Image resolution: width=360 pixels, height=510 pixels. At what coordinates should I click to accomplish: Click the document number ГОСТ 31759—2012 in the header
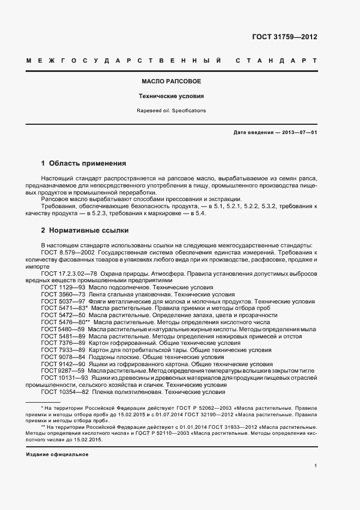pos(285,37)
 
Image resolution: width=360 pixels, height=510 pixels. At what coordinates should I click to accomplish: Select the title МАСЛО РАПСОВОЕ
pos(172,81)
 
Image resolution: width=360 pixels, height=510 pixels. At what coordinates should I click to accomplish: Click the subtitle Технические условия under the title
pos(172,96)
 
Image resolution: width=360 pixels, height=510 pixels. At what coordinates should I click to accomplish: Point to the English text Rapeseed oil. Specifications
pos(172,111)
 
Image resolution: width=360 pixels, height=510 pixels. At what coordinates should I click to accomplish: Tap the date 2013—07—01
pos(298,132)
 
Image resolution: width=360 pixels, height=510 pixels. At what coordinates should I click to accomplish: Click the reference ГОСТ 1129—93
pos(59,287)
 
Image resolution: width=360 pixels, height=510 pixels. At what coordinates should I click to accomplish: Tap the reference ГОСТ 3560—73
pos(59,294)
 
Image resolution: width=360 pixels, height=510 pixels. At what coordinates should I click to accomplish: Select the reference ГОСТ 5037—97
pos(59,301)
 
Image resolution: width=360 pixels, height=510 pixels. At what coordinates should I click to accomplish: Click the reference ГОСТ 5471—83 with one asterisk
pos(60,308)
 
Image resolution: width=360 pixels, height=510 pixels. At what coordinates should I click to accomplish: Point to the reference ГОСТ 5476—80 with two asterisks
pos(62,323)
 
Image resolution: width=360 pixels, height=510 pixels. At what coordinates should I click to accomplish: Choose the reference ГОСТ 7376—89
pos(59,343)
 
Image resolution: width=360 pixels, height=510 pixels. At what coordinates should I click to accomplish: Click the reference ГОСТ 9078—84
pos(59,357)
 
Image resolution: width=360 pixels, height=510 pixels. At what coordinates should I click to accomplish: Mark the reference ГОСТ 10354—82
pos(61,392)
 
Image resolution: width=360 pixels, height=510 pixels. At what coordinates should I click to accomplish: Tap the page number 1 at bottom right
pos(316,466)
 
